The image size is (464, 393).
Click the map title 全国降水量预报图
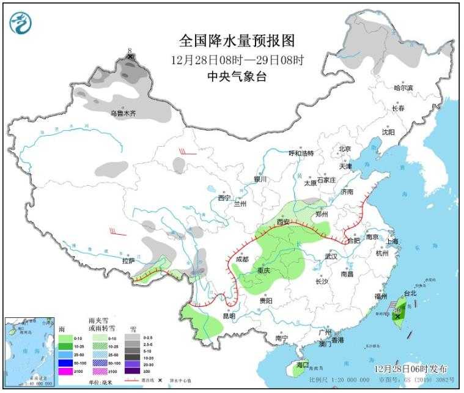[x=237, y=41]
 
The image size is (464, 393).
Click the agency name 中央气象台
[x=237, y=76]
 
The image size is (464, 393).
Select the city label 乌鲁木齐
[x=123, y=113]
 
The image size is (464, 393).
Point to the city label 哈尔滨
[x=403, y=88]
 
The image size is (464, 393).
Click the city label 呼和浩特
[x=301, y=153]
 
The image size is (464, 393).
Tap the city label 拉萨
[x=128, y=261]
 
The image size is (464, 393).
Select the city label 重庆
[x=264, y=270]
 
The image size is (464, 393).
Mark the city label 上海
[x=392, y=241]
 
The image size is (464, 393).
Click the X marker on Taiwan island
[x=397, y=317]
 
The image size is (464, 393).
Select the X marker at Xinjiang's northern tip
[x=130, y=56]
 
